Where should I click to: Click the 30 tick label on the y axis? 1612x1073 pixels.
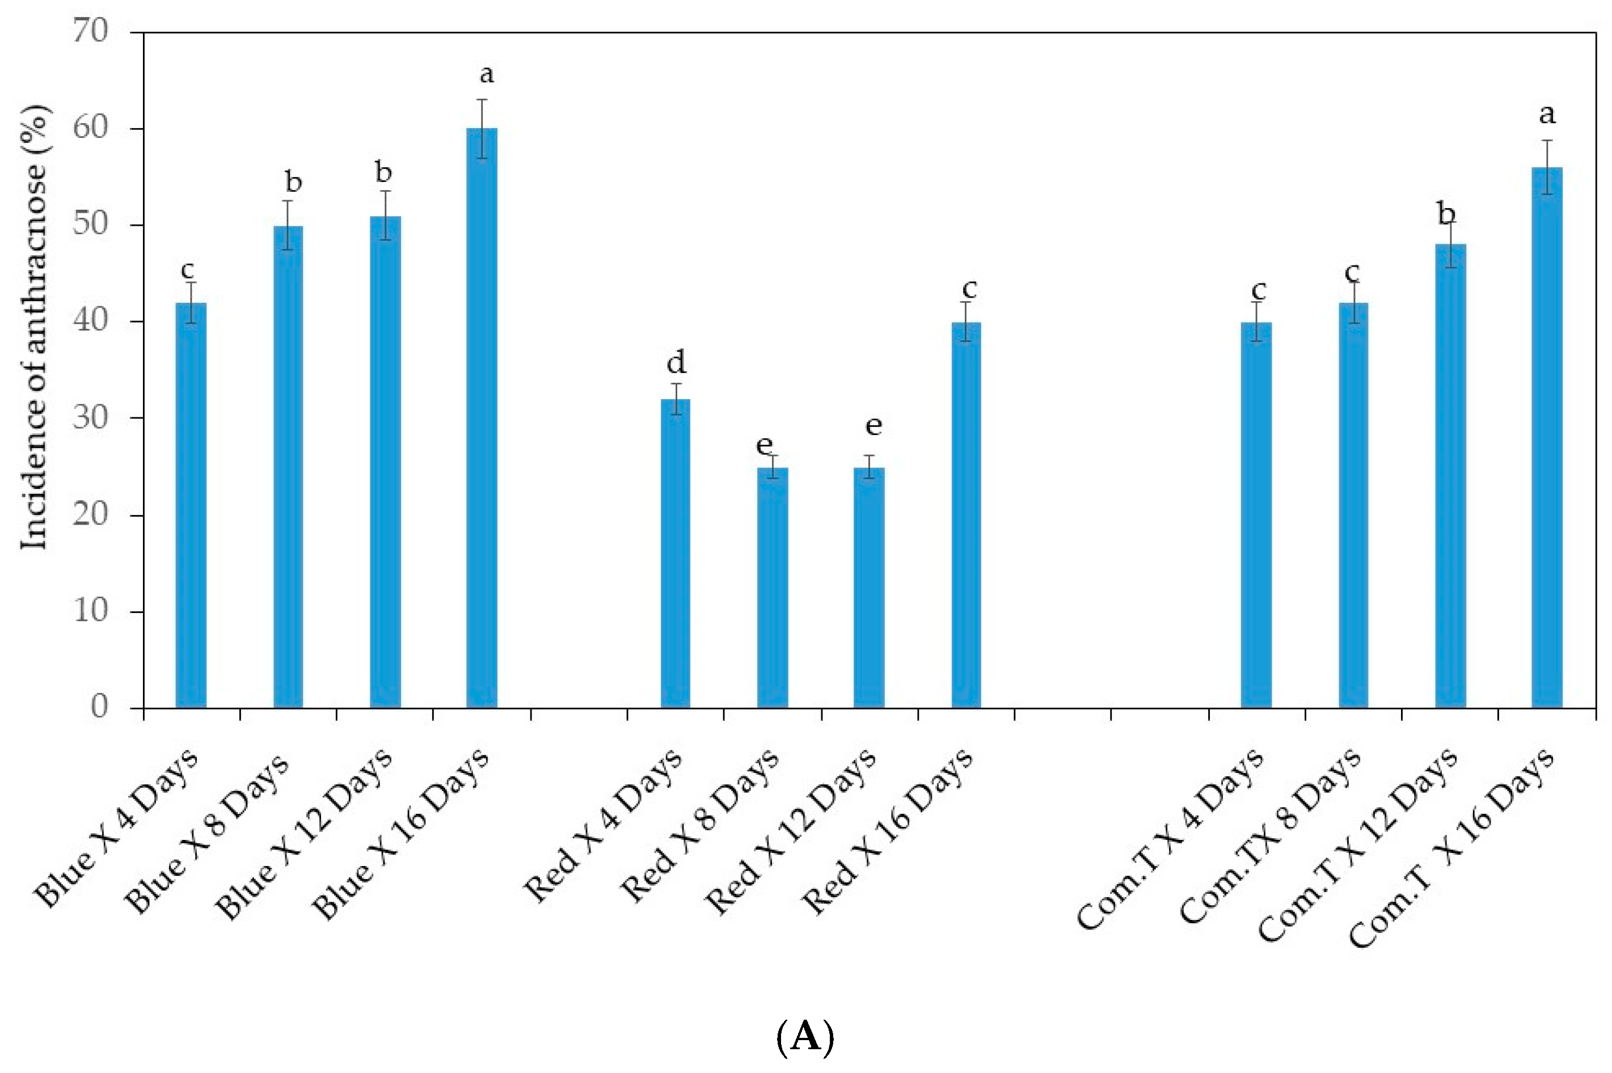[x=91, y=417]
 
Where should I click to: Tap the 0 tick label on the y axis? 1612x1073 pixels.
[x=99, y=706]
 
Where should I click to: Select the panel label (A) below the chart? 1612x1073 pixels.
[x=805, y=1037]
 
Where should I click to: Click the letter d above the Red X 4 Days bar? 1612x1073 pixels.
[x=676, y=361]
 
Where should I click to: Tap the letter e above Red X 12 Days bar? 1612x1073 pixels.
[x=873, y=426]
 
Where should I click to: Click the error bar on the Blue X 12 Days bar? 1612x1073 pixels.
[x=385, y=216]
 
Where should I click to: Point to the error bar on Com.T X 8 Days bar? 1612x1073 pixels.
[x=1353, y=302]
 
